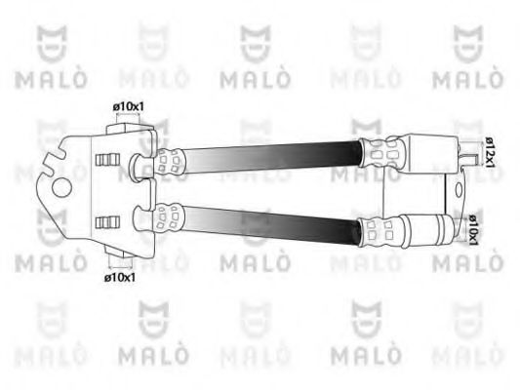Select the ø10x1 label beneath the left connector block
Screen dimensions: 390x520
click(121, 277)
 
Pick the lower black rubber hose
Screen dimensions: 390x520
click(273, 223)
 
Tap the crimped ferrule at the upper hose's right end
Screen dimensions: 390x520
click(380, 151)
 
